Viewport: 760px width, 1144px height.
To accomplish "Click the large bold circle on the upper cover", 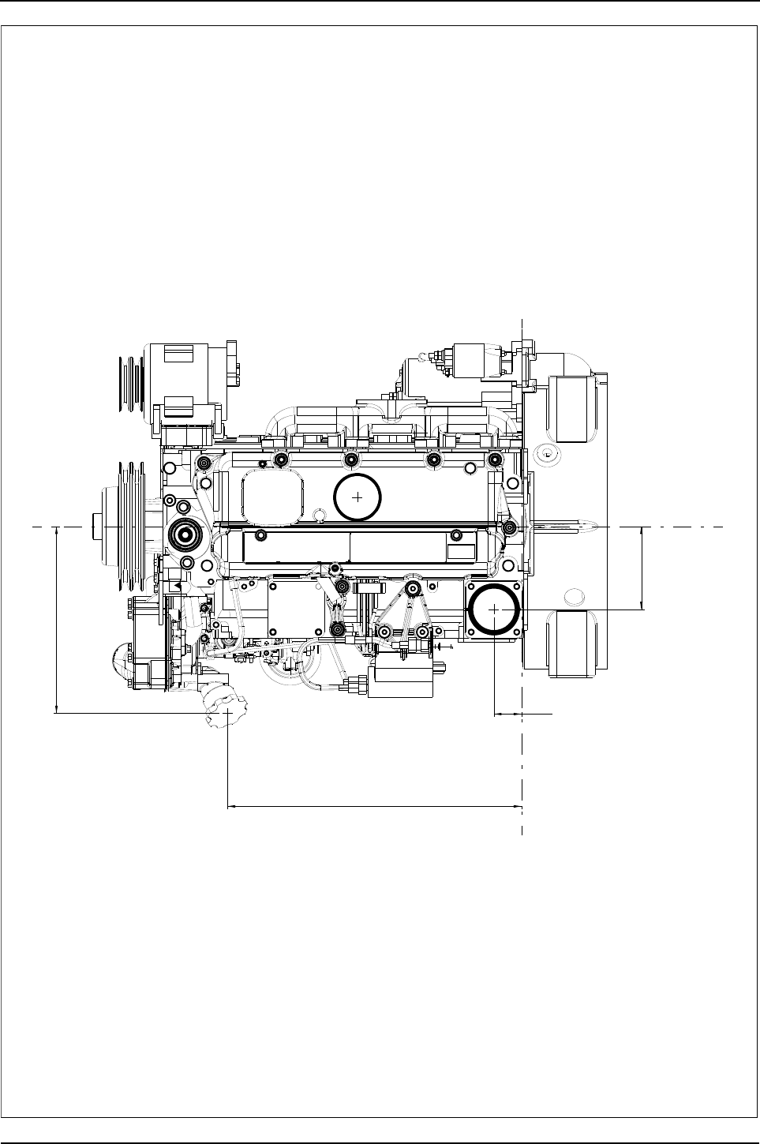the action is tap(358, 498).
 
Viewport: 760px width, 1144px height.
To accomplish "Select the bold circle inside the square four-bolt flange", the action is tap(493, 610).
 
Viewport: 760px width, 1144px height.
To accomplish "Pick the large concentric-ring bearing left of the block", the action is tap(185, 535).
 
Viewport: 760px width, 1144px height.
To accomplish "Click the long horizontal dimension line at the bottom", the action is tap(375, 807).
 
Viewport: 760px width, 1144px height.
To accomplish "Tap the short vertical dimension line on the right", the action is tap(642, 568).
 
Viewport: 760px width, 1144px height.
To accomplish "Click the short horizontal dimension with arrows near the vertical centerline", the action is tap(508, 714).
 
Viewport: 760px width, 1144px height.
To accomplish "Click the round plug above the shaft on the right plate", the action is tap(545, 455).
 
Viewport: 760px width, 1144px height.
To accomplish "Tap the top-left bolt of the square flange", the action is tap(473, 587).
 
